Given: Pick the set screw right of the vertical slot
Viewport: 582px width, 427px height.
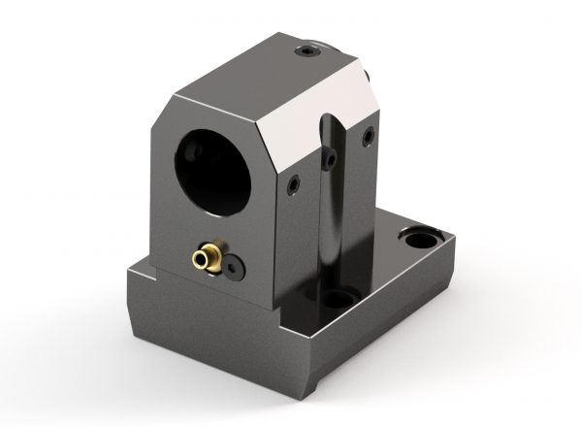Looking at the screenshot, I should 368,140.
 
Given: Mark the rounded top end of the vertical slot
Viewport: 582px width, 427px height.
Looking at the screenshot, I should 331,122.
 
